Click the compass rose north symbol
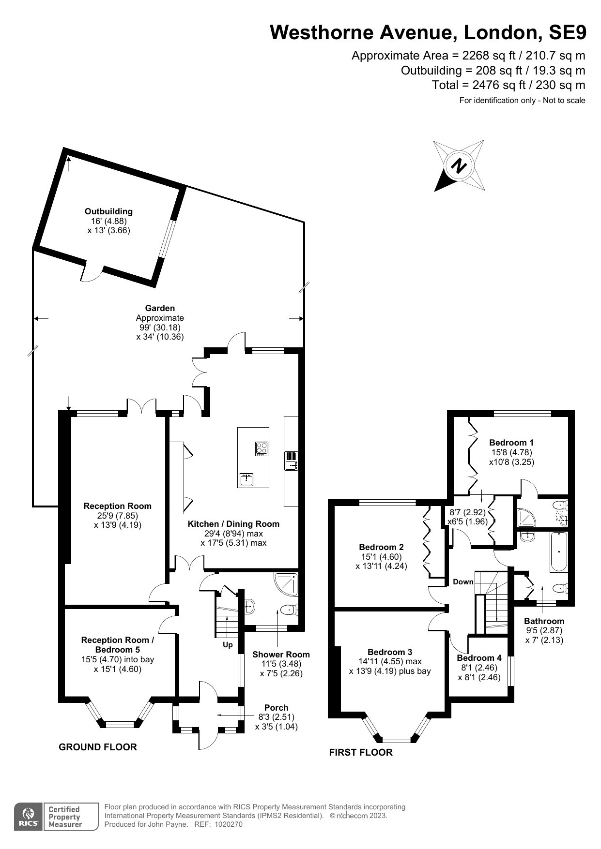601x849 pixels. click(459, 166)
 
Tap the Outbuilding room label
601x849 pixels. click(108, 211)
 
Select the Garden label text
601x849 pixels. click(160, 308)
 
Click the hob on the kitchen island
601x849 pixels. click(262, 448)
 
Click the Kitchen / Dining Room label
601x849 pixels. click(233, 524)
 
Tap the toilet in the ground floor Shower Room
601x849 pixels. click(289, 610)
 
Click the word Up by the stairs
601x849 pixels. click(228, 645)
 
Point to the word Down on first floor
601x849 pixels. click(463, 582)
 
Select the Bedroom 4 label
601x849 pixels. click(479, 658)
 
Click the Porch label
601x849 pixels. click(277, 708)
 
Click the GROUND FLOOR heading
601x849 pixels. click(98, 747)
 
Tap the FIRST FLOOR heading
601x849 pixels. click(361, 752)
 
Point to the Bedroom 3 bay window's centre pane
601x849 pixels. click(396, 739)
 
